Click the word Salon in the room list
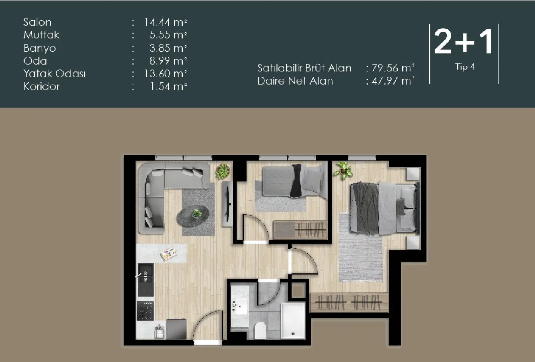coord(37,22)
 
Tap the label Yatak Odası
coord(54,74)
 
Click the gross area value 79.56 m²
coord(392,68)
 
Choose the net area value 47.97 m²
coord(392,81)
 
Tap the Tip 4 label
coord(465,67)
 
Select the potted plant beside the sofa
coord(222,171)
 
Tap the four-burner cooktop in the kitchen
coord(145,311)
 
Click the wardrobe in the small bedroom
coord(300,230)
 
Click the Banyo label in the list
coord(40,48)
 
